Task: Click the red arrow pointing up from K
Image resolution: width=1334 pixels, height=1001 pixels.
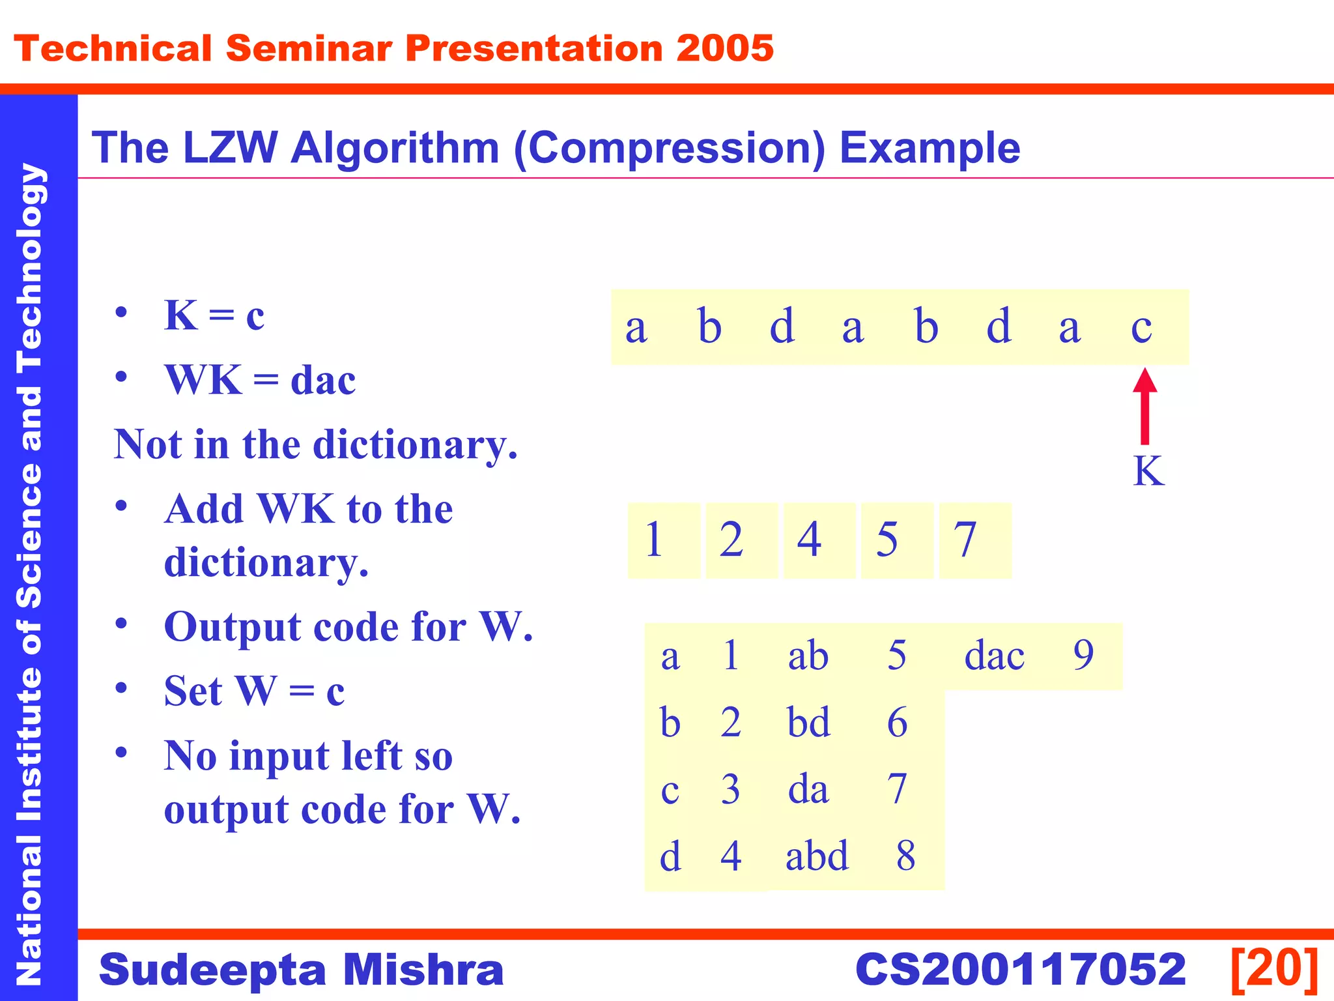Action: tap(1144, 407)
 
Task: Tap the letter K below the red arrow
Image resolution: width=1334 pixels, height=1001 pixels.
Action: tap(1148, 471)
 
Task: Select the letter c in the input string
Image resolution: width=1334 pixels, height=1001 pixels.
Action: tap(1141, 327)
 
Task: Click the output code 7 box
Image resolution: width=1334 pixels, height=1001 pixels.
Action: tap(974, 540)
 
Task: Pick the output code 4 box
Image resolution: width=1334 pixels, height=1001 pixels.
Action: tap(819, 540)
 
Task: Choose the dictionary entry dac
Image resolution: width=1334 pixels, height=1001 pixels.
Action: tap(994, 656)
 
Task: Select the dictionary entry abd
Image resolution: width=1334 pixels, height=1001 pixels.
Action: tap(817, 856)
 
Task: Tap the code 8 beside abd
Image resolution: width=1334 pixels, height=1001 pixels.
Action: tap(905, 856)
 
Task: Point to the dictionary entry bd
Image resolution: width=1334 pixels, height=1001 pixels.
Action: tap(808, 723)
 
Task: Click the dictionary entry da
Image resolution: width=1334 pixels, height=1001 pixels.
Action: tap(808, 789)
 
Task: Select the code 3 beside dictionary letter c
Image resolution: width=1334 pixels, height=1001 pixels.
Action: tap(730, 789)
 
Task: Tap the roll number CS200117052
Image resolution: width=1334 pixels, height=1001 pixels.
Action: tap(1020, 970)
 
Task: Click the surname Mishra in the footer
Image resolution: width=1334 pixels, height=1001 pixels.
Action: tap(423, 970)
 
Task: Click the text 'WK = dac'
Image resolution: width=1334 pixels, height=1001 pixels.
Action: tap(260, 380)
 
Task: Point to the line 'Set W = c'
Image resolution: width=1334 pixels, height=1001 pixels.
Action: tap(254, 691)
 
